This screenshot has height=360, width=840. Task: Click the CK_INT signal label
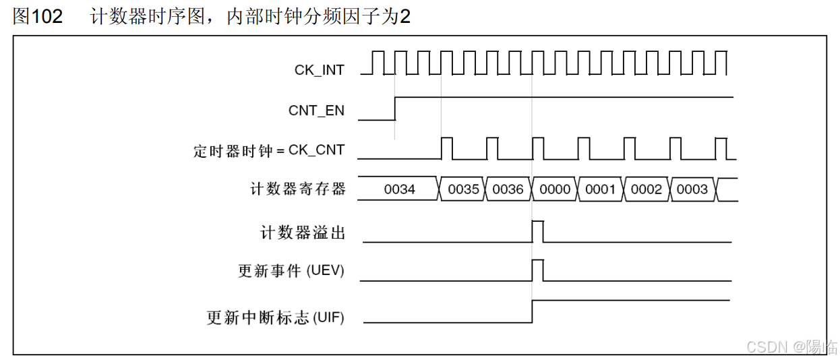tap(319, 69)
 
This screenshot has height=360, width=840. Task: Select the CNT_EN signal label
tap(316, 111)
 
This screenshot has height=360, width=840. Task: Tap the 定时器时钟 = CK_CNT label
tap(268, 150)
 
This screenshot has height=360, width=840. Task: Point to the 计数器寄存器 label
tap(297, 189)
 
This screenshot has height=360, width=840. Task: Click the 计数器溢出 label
tap(303, 233)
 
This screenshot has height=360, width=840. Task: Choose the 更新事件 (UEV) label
tap(291, 271)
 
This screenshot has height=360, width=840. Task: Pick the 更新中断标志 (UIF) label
tap(275, 317)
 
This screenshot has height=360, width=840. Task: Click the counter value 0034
tap(399, 189)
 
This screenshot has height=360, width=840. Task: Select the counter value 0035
tap(463, 189)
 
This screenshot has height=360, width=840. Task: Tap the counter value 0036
tap(508, 189)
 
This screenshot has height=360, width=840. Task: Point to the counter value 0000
tap(555, 189)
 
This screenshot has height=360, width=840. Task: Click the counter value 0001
tap(600, 189)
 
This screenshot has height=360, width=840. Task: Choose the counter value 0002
tap(646, 189)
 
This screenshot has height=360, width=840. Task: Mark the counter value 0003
tap(692, 189)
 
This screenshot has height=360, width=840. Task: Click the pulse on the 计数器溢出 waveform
tap(537, 231)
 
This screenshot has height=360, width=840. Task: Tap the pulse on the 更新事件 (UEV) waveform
tap(537, 270)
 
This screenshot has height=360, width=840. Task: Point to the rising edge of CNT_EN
tap(394, 109)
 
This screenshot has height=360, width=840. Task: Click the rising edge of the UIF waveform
tap(532, 311)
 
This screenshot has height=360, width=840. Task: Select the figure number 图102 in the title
tap(38, 17)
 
